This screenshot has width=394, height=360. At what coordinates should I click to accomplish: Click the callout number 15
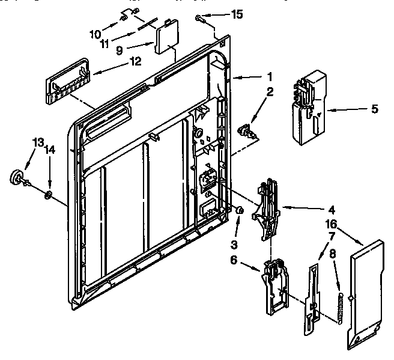pyautogui.click(x=237, y=14)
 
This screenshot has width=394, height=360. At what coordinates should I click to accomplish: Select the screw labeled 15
pyautogui.click(x=201, y=19)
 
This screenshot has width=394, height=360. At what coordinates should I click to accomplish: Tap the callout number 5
pyautogui.click(x=374, y=109)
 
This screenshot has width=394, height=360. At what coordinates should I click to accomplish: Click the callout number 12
pyautogui.click(x=135, y=61)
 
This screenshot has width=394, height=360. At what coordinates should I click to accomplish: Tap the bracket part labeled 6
pyautogui.click(x=274, y=287)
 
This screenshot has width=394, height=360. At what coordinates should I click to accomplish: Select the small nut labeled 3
pyautogui.click(x=239, y=210)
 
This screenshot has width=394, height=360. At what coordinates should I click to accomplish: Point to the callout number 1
pyautogui.click(x=270, y=76)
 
